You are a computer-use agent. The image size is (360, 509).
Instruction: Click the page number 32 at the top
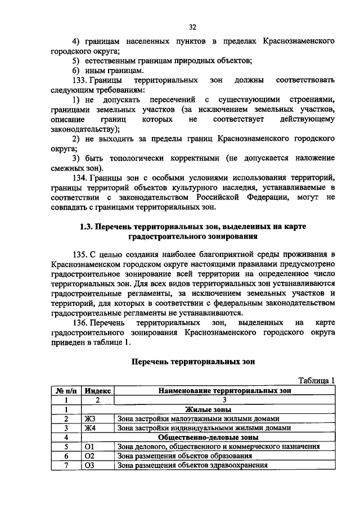[x=192, y=26]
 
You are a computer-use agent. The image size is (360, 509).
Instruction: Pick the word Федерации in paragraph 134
[x=264, y=197]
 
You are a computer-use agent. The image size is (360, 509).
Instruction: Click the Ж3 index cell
[x=90, y=418]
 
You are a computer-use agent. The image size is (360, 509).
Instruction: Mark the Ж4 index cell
[x=90, y=428]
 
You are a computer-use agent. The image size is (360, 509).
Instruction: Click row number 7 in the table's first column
[x=66, y=465]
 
